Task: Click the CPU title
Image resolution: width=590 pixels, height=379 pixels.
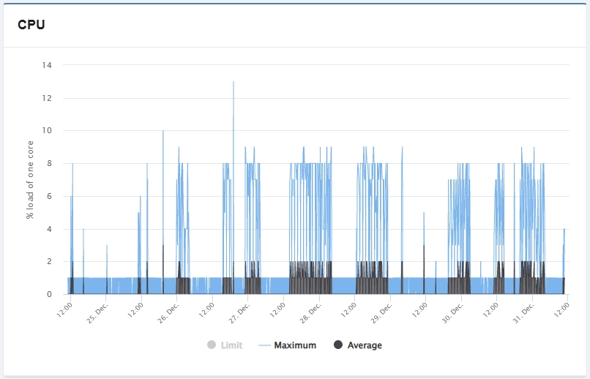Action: click(31, 25)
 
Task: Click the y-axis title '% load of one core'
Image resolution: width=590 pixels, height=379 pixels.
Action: click(30, 180)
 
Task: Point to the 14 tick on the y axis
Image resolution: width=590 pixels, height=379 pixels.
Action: click(47, 65)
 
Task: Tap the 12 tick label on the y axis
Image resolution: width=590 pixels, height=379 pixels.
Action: click(47, 98)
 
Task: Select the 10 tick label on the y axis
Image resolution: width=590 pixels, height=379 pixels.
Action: click(47, 130)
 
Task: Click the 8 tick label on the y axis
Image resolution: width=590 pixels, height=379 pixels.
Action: click(49, 163)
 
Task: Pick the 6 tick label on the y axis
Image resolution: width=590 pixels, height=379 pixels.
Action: click(49, 196)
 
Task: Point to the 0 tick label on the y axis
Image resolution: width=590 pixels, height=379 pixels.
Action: click(49, 294)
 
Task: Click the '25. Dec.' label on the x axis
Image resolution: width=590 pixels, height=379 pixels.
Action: click(97, 313)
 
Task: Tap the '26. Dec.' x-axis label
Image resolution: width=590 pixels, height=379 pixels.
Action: click(168, 313)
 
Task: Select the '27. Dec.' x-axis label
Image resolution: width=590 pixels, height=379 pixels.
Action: click(239, 313)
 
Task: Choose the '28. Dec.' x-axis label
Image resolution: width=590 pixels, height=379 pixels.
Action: click(310, 313)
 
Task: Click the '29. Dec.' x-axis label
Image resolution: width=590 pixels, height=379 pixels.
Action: click(381, 313)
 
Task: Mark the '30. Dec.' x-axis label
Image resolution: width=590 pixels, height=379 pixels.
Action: click(452, 313)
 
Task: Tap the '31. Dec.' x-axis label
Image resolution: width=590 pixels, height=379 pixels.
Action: click(524, 313)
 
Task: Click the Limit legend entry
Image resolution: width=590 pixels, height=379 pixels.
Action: click(225, 345)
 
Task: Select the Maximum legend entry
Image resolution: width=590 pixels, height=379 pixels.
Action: click(288, 345)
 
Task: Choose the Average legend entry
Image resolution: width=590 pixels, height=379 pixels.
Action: click(358, 345)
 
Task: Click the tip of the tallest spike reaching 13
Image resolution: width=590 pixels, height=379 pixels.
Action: click(234, 82)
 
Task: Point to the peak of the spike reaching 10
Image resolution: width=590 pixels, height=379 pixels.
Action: click(163, 131)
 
